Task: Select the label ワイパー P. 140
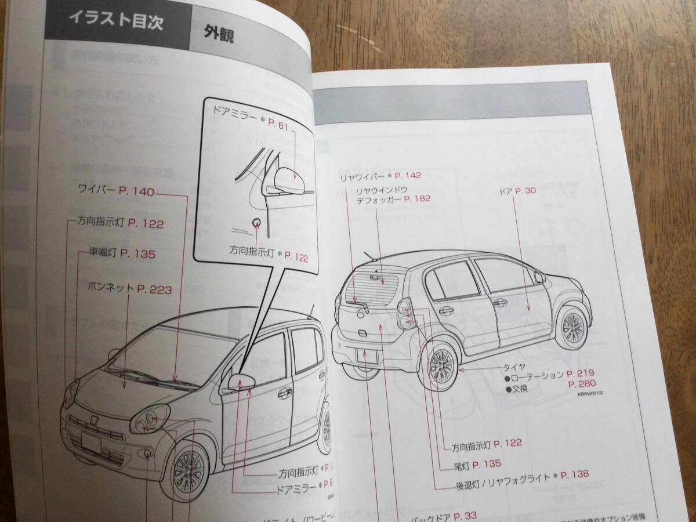(x=116, y=190)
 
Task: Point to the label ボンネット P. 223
(x=129, y=288)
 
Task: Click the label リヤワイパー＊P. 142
(x=380, y=175)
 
